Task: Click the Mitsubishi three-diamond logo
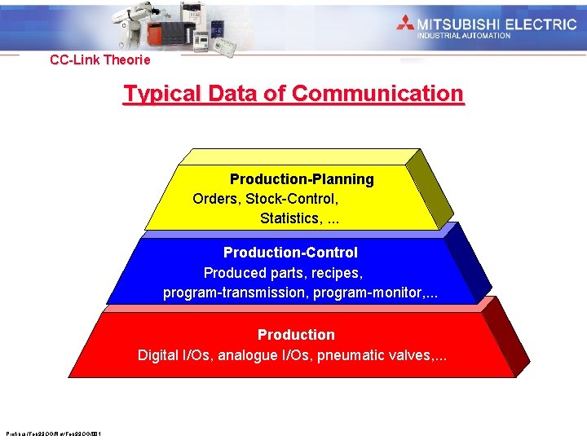click(406, 24)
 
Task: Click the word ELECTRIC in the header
click(539, 24)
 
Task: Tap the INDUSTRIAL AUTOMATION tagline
click(464, 36)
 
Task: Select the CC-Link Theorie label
click(99, 59)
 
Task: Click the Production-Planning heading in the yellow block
click(302, 179)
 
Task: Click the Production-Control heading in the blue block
click(290, 253)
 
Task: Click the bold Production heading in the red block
click(296, 335)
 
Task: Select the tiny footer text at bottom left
click(52, 433)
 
